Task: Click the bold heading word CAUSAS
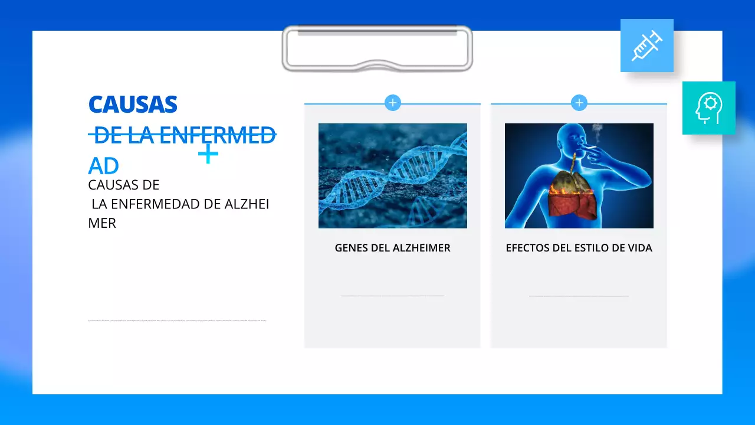[133, 104]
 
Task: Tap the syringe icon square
[646, 45]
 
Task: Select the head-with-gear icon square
[708, 108]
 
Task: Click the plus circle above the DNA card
[392, 103]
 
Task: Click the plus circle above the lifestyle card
[579, 103]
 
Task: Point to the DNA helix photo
[392, 175]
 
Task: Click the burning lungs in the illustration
[570, 195]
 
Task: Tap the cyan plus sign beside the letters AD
[208, 155]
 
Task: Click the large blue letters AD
[103, 166]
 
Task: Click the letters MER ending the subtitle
[102, 223]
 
